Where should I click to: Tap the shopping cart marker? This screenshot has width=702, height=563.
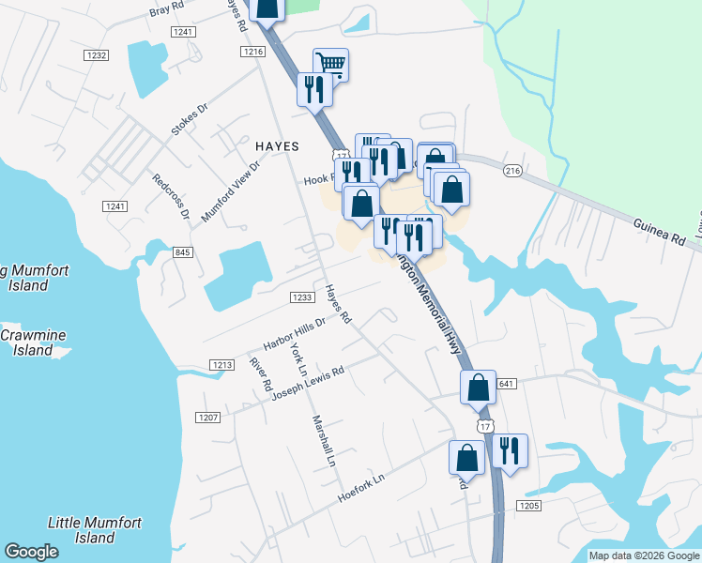click(x=330, y=64)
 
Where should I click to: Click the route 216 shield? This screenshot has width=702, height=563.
click(x=511, y=171)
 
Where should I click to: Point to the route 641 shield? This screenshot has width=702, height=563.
click(x=507, y=383)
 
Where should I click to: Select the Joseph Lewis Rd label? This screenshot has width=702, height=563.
click(x=308, y=384)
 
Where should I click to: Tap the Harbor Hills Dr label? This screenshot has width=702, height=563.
click(x=294, y=334)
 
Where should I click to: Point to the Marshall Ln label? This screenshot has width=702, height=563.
click(x=324, y=441)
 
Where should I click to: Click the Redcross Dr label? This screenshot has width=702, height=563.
click(x=171, y=196)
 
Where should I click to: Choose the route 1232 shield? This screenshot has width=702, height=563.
click(x=97, y=55)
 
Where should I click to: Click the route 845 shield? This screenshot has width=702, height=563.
click(x=183, y=251)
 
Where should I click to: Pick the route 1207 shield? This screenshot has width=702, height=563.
click(x=207, y=417)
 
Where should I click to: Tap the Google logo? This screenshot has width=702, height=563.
click(x=32, y=552)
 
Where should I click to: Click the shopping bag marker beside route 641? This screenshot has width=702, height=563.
click(x=478, y=386)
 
